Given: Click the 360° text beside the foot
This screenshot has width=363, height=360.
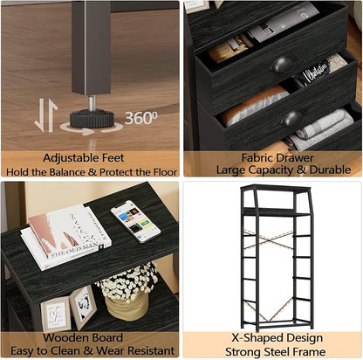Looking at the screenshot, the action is tap(141, 118).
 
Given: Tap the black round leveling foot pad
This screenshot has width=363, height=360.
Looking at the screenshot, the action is tap(92, 118).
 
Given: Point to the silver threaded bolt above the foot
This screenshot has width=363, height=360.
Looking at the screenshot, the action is tap(92, 103).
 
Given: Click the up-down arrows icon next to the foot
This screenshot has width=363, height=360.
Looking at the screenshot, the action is tap(46, 115).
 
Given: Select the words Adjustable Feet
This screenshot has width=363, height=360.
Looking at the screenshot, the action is tap(84, 158).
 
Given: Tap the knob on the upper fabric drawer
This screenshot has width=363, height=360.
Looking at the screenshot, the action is tap(282, 65).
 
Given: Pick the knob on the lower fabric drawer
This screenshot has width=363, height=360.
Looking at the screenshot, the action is tap(293, 118).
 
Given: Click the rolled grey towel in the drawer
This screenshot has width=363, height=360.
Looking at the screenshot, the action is tap(324, 125).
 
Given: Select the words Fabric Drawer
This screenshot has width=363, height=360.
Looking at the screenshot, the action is tap(277, 158).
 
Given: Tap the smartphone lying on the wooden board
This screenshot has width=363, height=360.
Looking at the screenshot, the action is tap(135, 221).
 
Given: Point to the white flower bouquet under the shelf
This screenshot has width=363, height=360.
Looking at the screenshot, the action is tap(128, 281).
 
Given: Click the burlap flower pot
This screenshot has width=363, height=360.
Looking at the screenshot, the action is tap(127, 308).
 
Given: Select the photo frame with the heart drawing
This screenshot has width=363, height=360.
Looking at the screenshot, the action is tap(56, 314).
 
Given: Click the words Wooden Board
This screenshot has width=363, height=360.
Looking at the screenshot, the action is tap(83, 338).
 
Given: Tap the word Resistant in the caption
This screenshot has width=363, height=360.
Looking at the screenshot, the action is tap(151, 350).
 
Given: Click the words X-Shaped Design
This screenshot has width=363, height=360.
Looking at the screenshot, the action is tap(277, 338).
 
